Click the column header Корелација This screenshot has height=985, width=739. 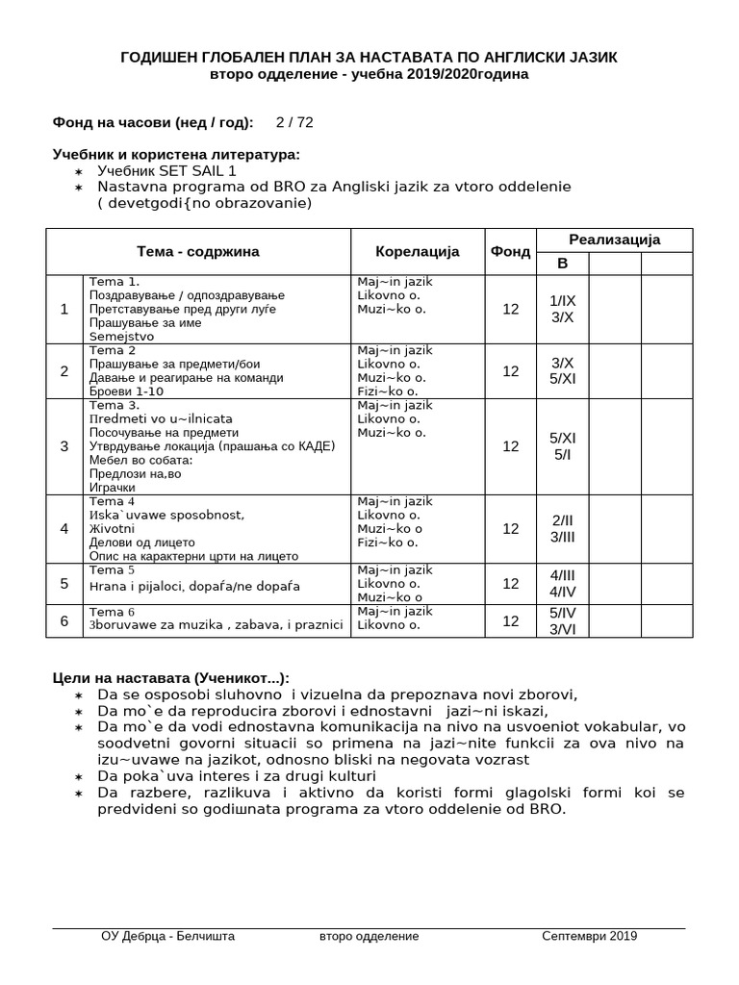click(x=417, y=252)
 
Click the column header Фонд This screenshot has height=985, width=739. click(x=510, y=252)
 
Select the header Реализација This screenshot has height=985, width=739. click(x=614, y=240)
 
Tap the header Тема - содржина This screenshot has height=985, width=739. click(x=198, y=252)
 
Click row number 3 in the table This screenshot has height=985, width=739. click(x=64, y=446)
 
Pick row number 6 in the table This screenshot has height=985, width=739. click(x=64, y=620)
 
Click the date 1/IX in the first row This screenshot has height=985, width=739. click(x=562, y=300)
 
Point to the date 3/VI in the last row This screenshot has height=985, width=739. click(x=562, y=628)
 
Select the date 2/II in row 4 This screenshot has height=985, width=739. click(x=562, y=520)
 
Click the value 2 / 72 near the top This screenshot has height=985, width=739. click(x=293, y=122)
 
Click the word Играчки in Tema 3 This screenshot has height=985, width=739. click(x=111, y=488)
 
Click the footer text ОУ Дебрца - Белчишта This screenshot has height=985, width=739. click(x=167, y=936)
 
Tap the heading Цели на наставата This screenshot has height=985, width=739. click(x=170, y=678)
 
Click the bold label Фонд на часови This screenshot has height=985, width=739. click(x=153, y=122)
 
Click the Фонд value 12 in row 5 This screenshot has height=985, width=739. click(x=510, y=583)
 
